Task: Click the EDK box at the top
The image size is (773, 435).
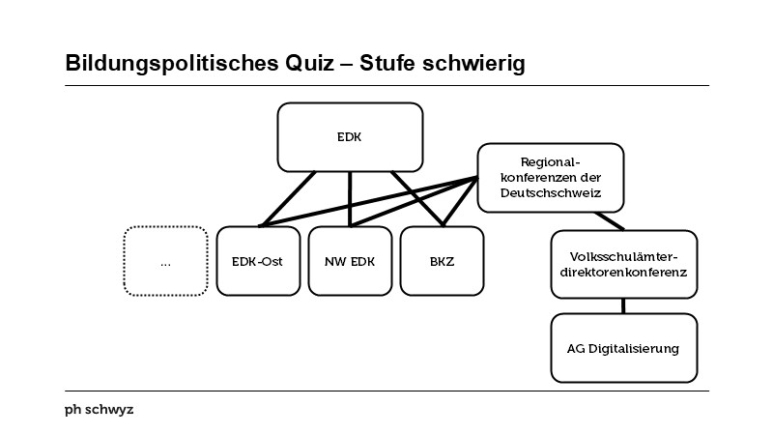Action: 350,136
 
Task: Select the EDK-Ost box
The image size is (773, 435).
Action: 258,261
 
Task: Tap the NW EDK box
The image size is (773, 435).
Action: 349,261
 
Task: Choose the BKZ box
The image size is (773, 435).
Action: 441,261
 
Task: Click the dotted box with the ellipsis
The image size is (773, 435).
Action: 165,261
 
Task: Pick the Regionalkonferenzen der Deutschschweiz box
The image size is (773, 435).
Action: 551,178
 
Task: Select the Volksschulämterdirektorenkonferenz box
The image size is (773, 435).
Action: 623,264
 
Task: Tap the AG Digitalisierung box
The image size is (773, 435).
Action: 623,348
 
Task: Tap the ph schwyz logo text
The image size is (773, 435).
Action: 99,410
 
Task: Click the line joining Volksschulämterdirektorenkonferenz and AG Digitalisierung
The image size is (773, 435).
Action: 623,304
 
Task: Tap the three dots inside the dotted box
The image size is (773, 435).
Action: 165,262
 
